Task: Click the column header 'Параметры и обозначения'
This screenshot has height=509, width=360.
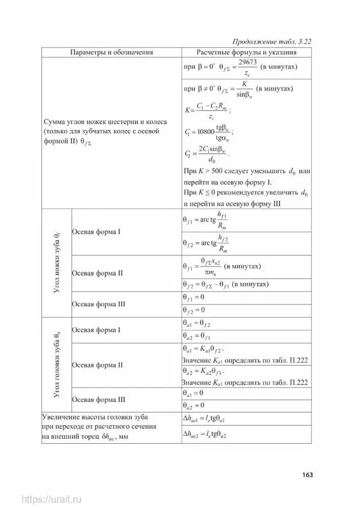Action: tap(111, 52)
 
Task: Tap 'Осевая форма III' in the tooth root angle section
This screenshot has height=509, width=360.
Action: tap(98, 304)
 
